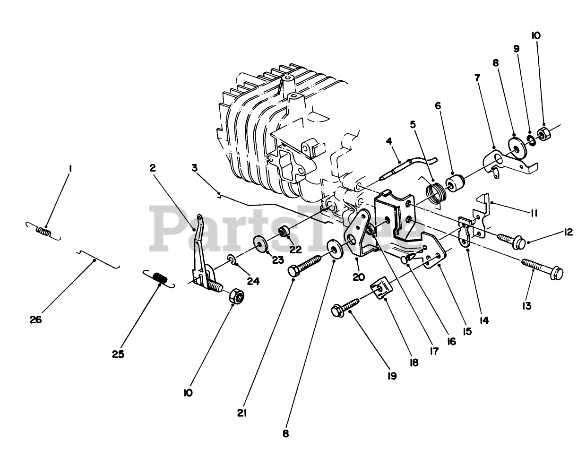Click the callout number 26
(x=35, y=320)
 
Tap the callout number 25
(x=118, y=354)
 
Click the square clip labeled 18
(x=382, y=289)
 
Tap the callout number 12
(x=568, y=232)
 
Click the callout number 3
(x=195, y=167)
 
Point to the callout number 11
(x=534, y=213)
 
